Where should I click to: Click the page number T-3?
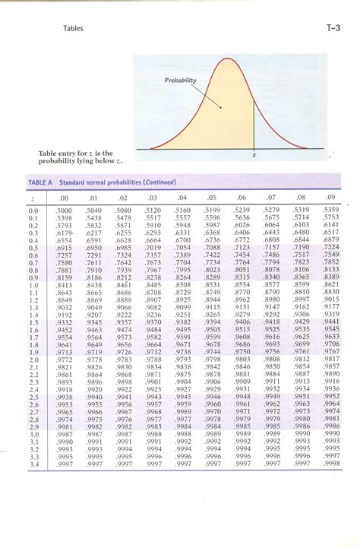pos(333,29)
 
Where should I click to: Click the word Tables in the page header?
pos(74,29)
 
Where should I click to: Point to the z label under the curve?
pos(253,156)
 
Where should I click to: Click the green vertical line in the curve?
pos(254,122)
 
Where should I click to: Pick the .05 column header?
pos(212,196)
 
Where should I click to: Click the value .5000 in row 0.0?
pos(64,210)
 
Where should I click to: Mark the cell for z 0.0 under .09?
pos(330,209)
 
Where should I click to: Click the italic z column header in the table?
pos(33,197)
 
